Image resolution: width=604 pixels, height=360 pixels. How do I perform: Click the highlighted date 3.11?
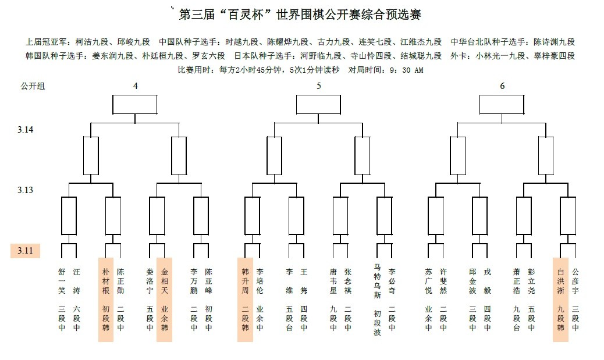pos(26,251)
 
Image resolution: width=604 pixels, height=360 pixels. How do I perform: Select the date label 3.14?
pos(26,130)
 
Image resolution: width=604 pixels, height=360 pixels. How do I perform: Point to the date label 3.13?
pos(26,190)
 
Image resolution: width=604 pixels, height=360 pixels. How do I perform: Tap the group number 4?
pos(135,86)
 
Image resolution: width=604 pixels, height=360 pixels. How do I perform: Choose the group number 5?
pos(318,86)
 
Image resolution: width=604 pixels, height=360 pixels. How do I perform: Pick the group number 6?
pos(502,86)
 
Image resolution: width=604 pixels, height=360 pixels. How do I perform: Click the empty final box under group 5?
pos(318,105)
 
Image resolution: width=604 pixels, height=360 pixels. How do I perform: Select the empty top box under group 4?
pos(135,105)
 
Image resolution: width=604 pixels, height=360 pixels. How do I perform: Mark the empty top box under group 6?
pos(502,105)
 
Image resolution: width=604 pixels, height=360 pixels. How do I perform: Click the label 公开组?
pos(33,86)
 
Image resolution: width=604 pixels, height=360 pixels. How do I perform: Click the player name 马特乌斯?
pos(377,281)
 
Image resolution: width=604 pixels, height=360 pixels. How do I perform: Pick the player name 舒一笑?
pos(62,281)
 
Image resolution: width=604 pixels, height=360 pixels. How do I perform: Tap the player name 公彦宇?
pos(575,281)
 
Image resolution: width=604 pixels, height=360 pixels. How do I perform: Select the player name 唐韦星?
pos(333,281)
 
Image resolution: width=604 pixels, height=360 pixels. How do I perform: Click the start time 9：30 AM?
pos(403,70)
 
